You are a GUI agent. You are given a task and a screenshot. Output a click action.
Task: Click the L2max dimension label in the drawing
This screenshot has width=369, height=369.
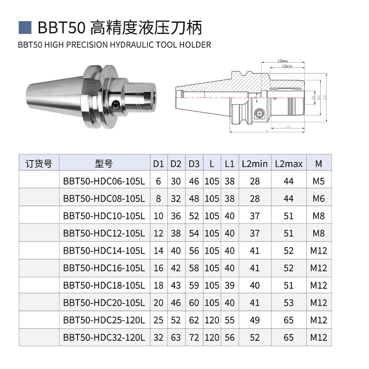tap(283, 61)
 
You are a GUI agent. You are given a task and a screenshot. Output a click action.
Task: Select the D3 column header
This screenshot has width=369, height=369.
tap(194, 164)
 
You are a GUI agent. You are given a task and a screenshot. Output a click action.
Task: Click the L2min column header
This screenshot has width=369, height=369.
tap(255, 164)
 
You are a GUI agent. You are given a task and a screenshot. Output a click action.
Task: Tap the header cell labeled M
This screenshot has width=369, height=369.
tap(318, 164)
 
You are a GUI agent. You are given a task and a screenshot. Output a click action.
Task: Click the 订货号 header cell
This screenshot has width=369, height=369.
tap(39, 164)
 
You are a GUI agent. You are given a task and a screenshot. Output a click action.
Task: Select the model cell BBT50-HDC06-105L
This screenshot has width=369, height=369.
tap(104, 181)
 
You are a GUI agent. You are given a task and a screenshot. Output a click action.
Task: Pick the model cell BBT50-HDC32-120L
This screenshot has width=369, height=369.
tap(104, 337)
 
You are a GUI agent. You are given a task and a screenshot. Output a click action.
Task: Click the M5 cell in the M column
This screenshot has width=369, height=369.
tap(318, 181)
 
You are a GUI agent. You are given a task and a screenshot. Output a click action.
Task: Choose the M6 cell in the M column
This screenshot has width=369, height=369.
tap(318, 199)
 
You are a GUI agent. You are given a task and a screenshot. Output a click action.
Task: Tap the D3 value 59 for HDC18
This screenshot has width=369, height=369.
tap(194, 286)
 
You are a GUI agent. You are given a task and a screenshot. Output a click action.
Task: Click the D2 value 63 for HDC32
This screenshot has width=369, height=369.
tap(176, 337)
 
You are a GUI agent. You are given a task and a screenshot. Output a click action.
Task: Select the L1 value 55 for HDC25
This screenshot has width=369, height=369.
tap(230, 320)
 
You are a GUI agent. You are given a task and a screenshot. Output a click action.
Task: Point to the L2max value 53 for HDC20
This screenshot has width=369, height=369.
tap(289, 303)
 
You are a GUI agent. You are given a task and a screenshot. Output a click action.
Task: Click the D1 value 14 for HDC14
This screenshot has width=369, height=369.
tap(158, 251)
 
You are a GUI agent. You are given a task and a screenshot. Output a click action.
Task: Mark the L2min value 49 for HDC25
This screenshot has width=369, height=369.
tap(255, 320)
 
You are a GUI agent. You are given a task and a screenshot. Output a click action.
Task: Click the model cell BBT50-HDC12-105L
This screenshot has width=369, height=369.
tap(104, 233)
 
